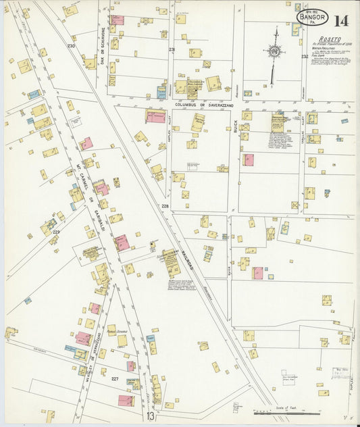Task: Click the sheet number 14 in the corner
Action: coord(341,20)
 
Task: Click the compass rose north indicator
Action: coord(274,51)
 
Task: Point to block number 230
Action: coord(71,46)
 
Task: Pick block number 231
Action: coord(172,49)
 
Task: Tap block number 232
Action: coord(305,57)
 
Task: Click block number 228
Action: coord(165,205)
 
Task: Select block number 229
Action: coord(57,232)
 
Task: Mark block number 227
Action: coord(115,379)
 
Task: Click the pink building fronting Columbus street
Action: coord(155,116)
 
